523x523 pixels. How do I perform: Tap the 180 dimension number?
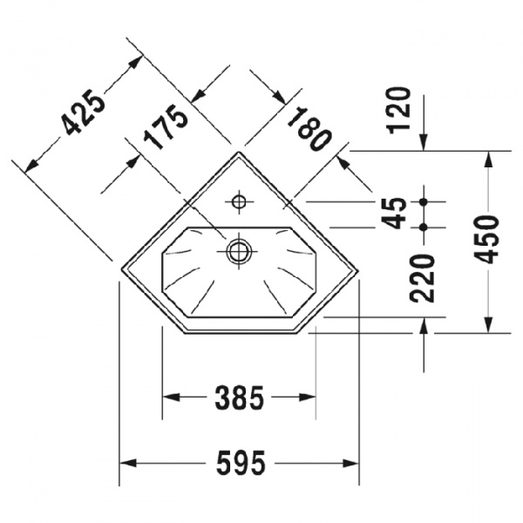click(x=309, y=128)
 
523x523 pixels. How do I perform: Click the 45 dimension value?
click(x=397, y=213)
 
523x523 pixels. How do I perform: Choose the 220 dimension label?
click(x=424, y=277)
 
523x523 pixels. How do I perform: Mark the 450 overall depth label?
click(x=488, y=239)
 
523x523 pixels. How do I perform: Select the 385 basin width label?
click(x=239, y=398)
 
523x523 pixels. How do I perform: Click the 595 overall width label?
click(x=239, y=465)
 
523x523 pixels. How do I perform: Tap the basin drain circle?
click(x=238, y=252)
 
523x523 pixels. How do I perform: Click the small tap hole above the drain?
click(x=237, y=202)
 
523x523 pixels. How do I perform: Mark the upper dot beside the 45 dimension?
click(x=424, y=201)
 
